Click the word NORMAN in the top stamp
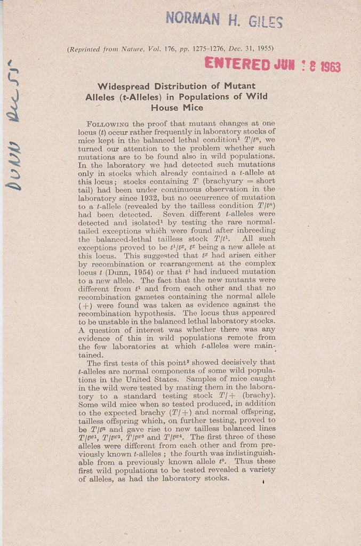tap(192, 18)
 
